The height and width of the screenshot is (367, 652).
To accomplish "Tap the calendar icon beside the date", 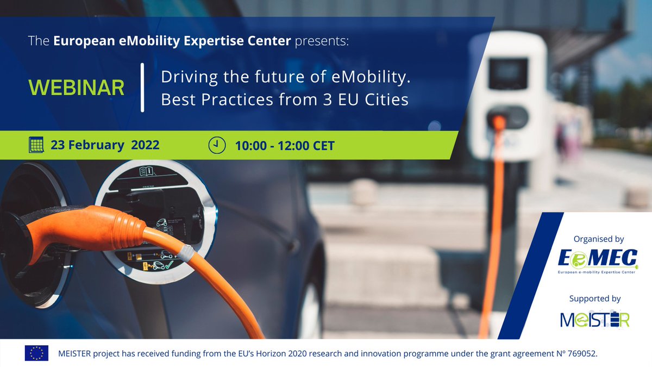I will (36, 145).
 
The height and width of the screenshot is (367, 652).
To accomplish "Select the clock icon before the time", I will (216, 145).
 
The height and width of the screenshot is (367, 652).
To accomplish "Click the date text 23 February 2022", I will (105, 145).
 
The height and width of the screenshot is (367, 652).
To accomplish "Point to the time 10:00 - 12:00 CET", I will (285, 146).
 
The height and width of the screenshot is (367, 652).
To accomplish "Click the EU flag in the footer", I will (36, 353).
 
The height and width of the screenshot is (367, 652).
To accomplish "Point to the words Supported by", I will (594, 298).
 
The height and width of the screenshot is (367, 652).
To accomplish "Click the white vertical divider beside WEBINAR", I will (142, 88).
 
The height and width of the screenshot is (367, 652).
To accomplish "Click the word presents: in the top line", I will (321, 42).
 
